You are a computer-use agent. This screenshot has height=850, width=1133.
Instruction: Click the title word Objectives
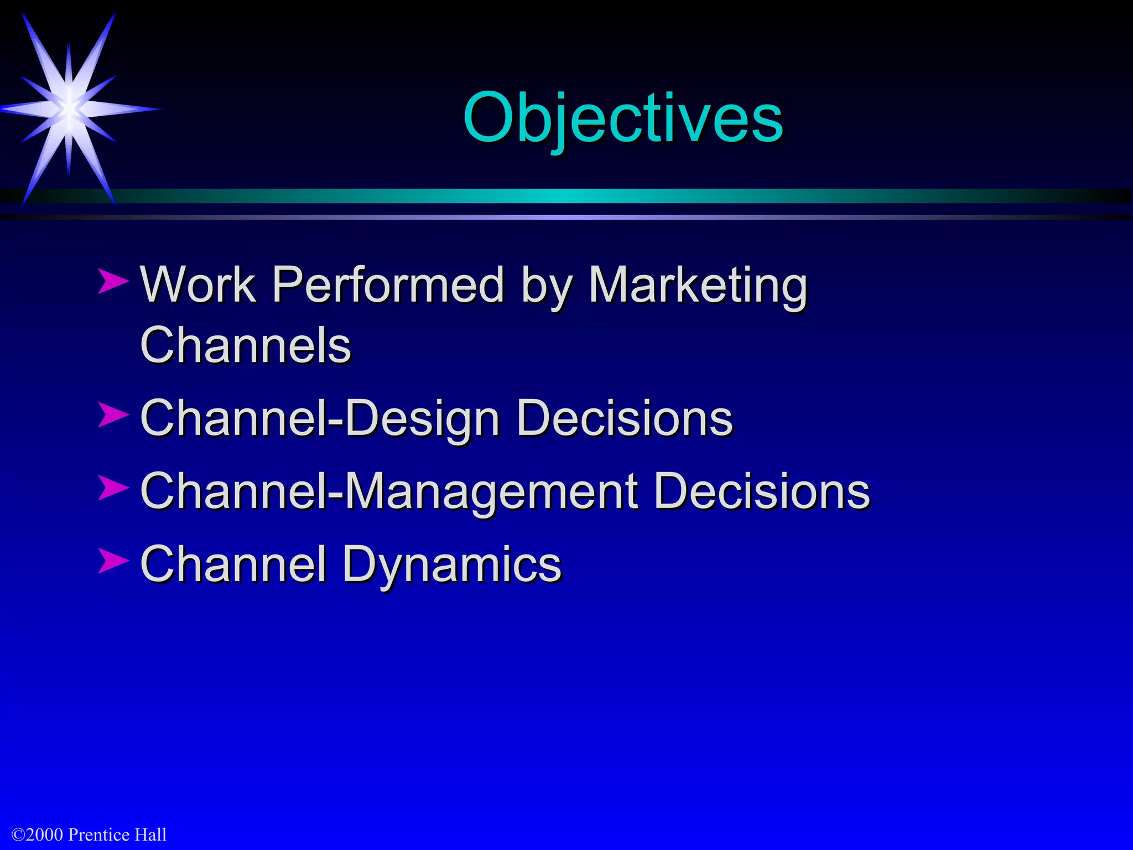tap(623, 117)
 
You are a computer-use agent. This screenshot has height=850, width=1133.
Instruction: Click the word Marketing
tap(697, 286)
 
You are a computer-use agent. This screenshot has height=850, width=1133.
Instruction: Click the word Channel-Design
tap(320, 419)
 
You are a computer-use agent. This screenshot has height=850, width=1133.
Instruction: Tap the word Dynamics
tap(452, 566)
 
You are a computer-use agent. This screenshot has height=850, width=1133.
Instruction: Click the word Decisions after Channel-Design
tap(624, 419)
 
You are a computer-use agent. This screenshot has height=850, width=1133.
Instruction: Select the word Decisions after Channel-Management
tap(761, 492)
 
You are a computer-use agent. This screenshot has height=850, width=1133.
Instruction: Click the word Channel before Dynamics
tap(232, 564)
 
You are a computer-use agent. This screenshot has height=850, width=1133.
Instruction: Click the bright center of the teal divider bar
tap(566, 196)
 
